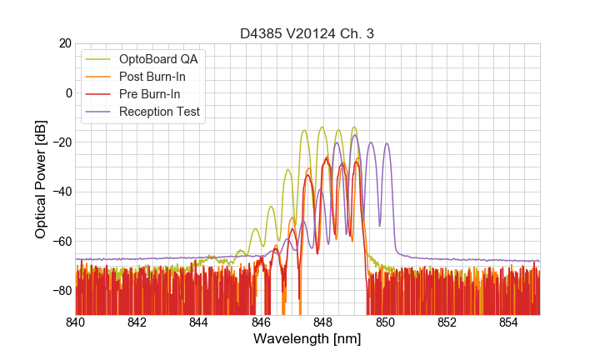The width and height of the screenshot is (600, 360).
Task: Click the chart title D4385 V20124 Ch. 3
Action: [307, 33]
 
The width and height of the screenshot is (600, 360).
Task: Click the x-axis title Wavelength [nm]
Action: [307, 340]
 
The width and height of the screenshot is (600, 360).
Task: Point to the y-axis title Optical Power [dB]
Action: [41, 179]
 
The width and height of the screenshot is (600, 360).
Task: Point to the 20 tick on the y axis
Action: [64, 43]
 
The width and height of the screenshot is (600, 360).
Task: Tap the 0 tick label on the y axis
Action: [67, 92]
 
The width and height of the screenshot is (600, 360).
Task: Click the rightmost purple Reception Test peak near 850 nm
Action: [387, 144]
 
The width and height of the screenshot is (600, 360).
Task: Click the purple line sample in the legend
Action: [99, 112]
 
